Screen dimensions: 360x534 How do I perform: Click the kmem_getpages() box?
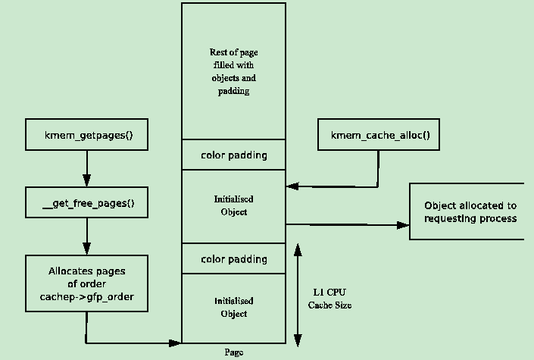[x=86, y=135]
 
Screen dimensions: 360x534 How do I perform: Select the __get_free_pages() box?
[x=86, y=203]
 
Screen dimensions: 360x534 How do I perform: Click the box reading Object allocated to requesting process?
[x=467, y=211]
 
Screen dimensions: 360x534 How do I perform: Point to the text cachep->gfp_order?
[x=86, y=297]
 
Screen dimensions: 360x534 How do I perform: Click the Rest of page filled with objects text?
[x=233, y=71]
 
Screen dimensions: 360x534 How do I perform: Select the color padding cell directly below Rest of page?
[x=233, y=155]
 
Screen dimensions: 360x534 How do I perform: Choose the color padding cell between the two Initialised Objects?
[x=233, y=259]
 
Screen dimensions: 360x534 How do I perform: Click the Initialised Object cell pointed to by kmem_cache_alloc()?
[x=233, y=205]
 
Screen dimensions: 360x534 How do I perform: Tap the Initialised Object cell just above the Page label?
[x=233, y=307]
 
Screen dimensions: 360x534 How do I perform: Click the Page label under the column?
[x=234, y=352]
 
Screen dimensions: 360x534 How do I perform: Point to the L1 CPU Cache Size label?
[x=329, y=298]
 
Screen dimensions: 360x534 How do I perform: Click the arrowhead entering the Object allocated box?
[x=402, y=224]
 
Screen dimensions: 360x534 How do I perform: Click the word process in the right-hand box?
[x=500, y=218]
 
